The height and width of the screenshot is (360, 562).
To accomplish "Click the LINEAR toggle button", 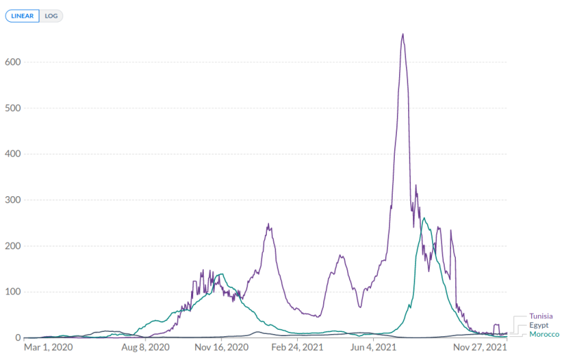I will pos(22,15).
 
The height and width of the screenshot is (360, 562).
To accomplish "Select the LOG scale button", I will pos(51,15).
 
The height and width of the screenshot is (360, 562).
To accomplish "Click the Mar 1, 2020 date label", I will pos(48,347).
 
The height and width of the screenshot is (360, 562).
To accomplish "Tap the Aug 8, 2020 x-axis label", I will pos(146,347).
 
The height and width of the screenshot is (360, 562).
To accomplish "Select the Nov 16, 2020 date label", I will pos(222,347).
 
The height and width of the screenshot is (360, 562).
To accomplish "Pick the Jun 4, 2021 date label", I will pos(372,347).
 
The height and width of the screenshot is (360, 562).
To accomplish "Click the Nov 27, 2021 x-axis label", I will pos(481,347).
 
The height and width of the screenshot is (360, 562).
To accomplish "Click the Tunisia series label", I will pos(541,316).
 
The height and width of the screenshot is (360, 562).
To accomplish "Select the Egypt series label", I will pos(538,326).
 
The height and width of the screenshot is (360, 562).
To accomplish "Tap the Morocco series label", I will pos(544,335).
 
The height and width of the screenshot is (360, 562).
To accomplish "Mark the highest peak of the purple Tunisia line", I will pos(403,34).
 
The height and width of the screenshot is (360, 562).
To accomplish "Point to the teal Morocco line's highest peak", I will pos(424,218).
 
